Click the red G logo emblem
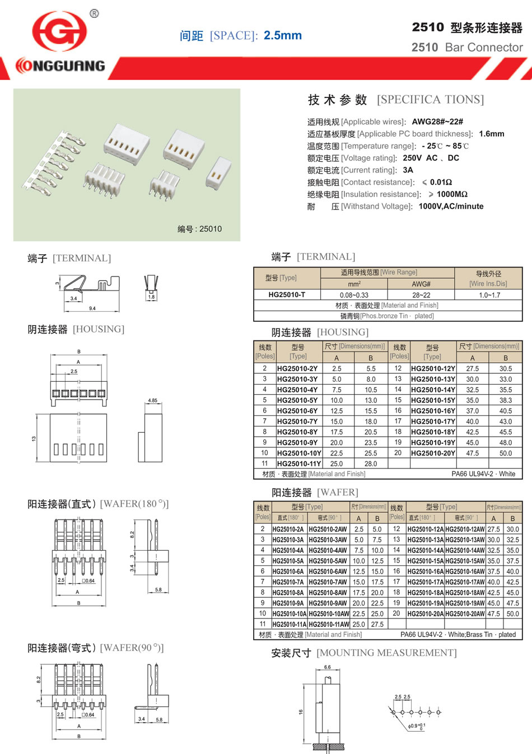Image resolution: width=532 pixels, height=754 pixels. tap(59, 32)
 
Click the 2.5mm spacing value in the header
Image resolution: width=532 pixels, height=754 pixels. tap(283, 35)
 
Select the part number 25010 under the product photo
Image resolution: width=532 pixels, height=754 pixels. tap(211, 229)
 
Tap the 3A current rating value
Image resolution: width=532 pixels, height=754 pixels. tap(408, 170)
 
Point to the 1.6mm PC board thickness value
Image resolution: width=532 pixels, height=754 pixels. tap(492, 134)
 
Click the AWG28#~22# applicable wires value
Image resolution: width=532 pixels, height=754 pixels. tap(437, 121)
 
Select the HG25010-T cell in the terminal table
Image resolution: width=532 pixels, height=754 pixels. tap(287, 294)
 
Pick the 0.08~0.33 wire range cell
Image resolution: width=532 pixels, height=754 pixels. tap(354, 295)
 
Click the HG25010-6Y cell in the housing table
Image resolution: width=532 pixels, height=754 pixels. tap(297, 411)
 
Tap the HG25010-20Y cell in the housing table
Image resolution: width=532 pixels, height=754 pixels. tap(433, 453)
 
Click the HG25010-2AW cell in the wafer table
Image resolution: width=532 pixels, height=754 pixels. tap(328, 529)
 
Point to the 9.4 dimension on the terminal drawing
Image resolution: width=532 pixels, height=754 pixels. tap(92, 308)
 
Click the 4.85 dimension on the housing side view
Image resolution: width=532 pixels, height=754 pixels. tap(152, 400)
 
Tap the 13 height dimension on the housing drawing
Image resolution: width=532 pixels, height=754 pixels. tap(34, 438)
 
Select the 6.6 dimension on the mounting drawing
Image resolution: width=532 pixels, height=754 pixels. tap(328, 667)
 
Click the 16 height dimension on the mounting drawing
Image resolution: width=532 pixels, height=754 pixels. tap(301, 711)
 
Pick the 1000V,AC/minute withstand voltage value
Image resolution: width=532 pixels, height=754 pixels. tap(451, 207)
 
